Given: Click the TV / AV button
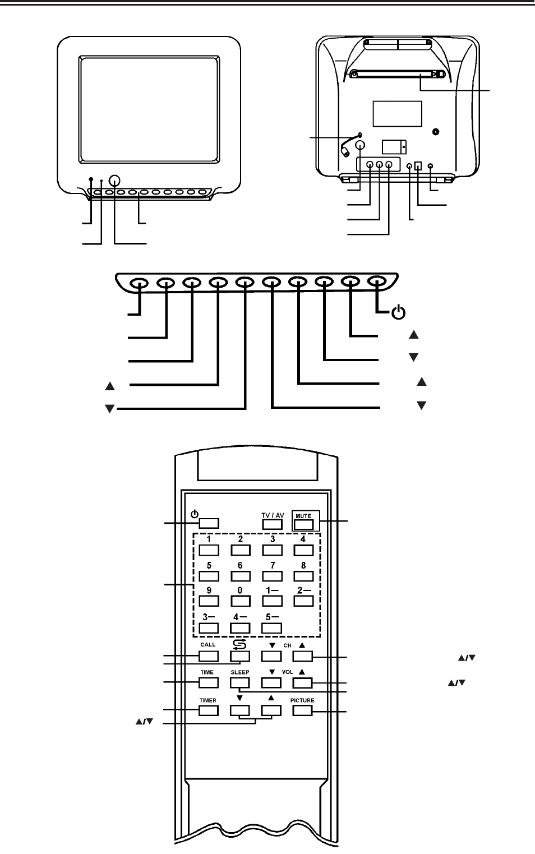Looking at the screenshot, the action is pos(272,524).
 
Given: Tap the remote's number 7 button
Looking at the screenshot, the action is pos(272,576).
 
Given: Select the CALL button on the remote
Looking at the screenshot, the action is pos(209,656).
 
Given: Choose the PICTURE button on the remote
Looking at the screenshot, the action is pos(303,710).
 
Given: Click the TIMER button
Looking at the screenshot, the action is pos(209,710).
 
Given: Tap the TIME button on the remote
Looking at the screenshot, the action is pos(209,682).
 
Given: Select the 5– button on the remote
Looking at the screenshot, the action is pos(272,628).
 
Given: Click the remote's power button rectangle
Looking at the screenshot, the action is pos(209,523).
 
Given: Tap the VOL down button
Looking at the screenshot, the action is pos(271,682).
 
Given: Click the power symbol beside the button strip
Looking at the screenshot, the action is pos(399,312).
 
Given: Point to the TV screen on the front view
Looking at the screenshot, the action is pos(149,109).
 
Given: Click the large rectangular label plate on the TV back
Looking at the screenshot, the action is pos(398,114).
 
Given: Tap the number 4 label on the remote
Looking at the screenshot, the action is pos(303,539).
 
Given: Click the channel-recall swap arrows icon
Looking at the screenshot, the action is pos(239,644).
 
